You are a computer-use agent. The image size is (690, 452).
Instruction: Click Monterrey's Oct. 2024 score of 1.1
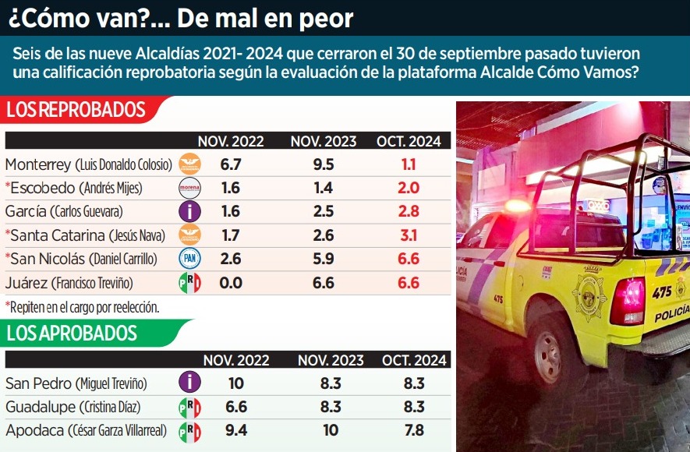[409, 164]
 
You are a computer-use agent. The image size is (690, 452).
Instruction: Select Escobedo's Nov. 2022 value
[230, 188]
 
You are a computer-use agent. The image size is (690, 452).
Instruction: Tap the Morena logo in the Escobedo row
[189, 188]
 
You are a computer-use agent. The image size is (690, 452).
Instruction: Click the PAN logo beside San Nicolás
[189, 259]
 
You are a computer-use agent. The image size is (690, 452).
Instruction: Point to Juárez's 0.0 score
[230, 283]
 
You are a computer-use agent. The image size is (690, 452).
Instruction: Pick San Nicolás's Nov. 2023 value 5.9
[323, 259]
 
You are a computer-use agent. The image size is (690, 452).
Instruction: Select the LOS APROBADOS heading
[72, 334]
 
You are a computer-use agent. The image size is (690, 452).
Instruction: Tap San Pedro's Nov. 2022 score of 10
[235, 383]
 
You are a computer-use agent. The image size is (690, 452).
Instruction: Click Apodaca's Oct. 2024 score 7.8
[414, 430]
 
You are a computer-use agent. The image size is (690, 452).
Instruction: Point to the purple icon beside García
[189, 211]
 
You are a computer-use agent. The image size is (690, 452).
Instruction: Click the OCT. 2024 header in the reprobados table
[409, 142]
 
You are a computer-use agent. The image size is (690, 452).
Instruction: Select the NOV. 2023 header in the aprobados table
[331, 360]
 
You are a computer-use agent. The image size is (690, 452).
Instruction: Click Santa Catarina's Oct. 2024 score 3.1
[409, 235]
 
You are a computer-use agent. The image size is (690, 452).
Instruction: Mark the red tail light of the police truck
[627, 301]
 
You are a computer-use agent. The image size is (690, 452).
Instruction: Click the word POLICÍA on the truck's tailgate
[671, 315]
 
